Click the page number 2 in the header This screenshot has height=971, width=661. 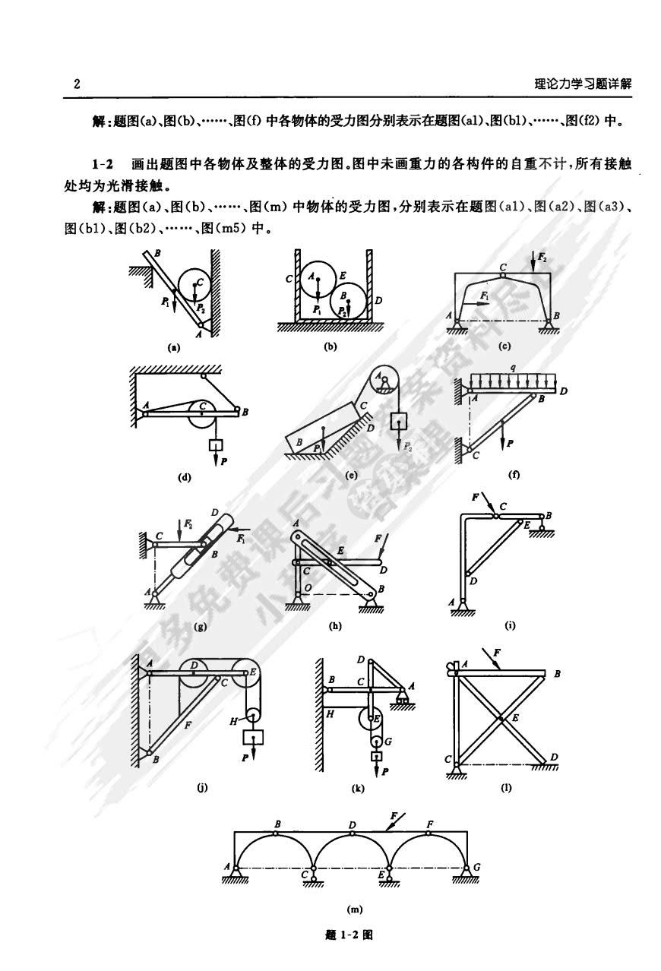coord(77,84)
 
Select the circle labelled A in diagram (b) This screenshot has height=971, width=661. coord(315,280)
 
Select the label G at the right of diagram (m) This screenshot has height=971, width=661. coord(476,866)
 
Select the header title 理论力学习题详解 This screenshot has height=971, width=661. coord(583,84)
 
